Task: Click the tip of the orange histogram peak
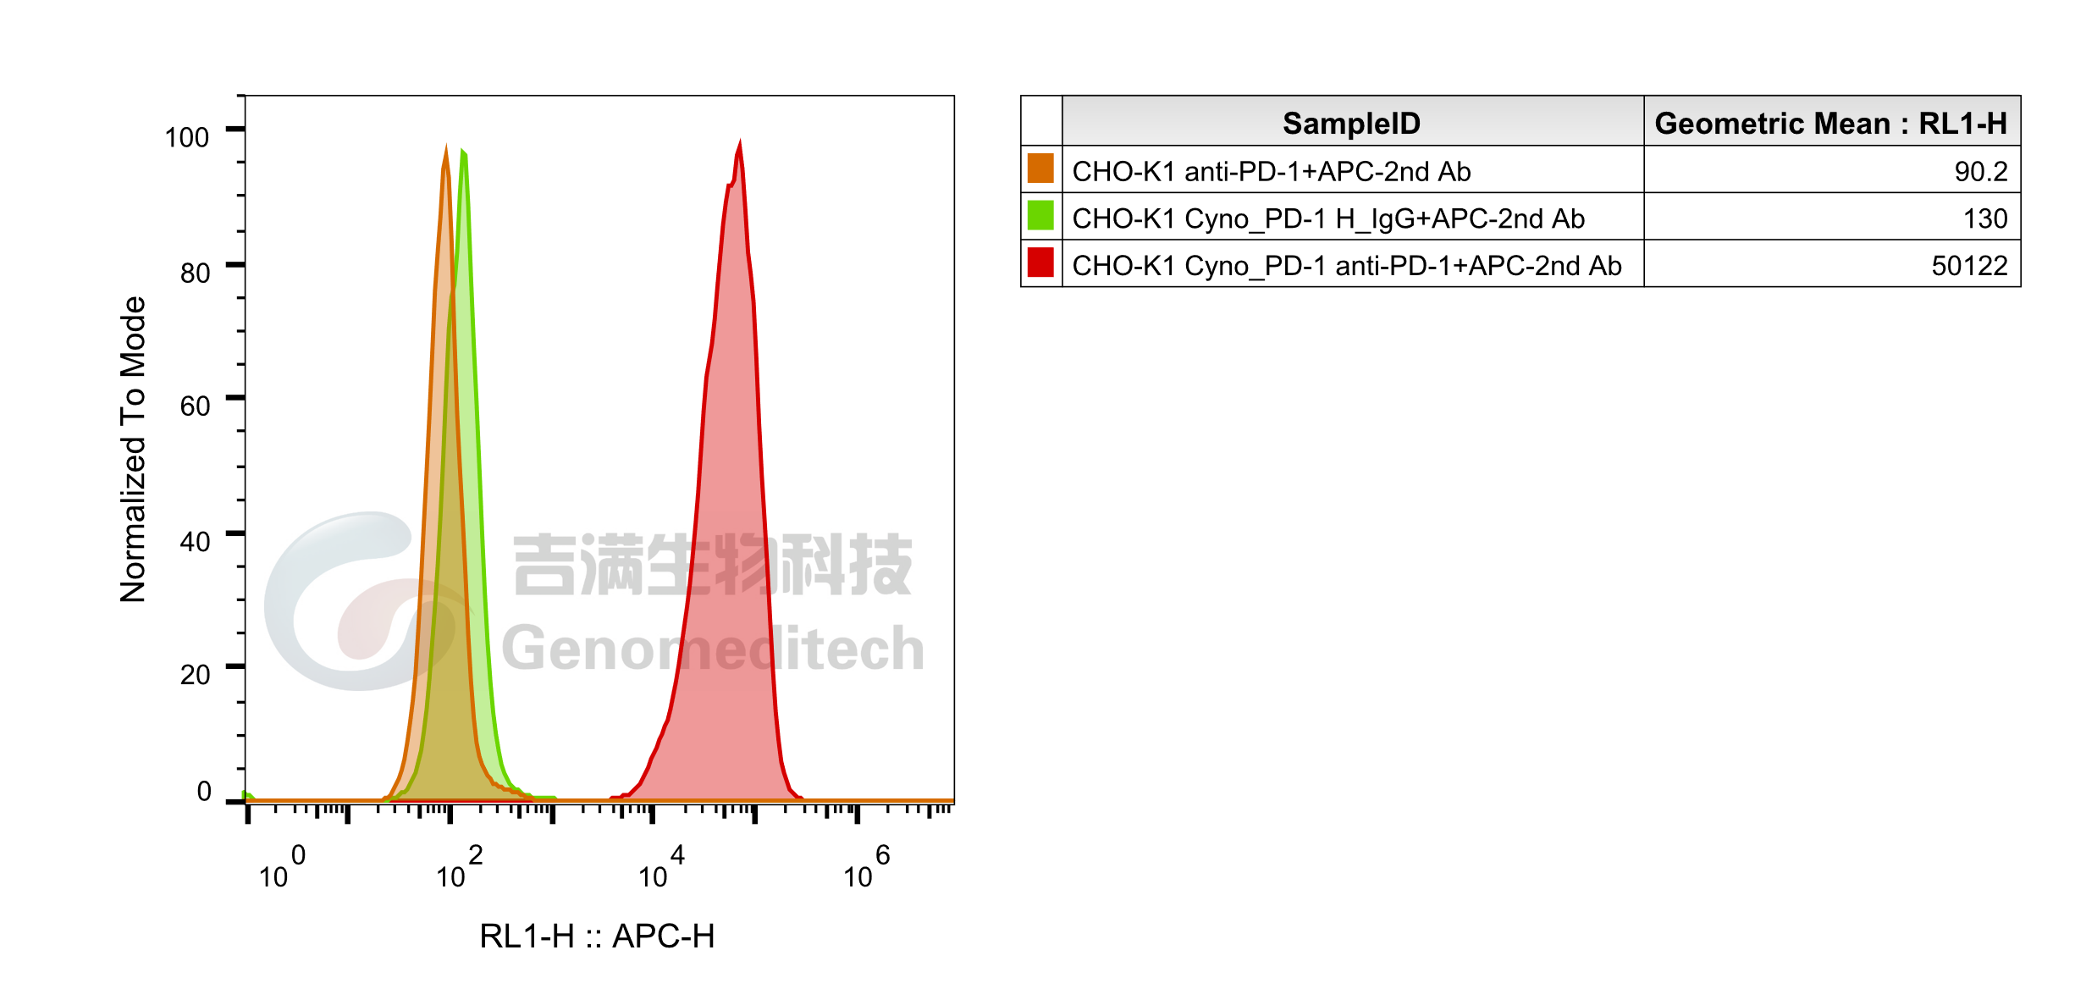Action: pyautogui.click(x=446, y=145)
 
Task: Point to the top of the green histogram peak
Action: pyautogui.click(x=462, y=152)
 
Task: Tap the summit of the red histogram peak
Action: pyautogui.click(x=740, y=140)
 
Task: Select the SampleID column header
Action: pyautogui.click(x=1351, y=124)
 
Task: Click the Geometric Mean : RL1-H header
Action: pyautogui.click(x=1830, y=124)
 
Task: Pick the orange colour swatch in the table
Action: pyautogui.click(x=1040, y=169)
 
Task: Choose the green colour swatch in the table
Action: pyautogui.click(x=1040, y=216)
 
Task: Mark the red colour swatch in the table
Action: pyautogui.click(x=1040, y=262)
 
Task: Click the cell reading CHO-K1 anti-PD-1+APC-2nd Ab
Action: pyautogui.click(x=1271, y=172)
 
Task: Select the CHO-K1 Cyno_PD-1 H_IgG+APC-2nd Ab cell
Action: pyautogui.click(x=1327, y=219)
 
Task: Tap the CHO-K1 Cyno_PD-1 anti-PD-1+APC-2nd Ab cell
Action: pyautogui.click(x=1346, y=266)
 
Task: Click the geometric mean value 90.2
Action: pyautogui.click(x=1980, y=172)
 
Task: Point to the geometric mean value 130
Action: pyautogui.click(x=1984, y=219)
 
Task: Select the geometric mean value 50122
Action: pyautogui.click(x=1968, y=266)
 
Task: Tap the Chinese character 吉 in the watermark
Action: pyautogui.click(x=544, y=564)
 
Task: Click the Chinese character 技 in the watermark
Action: pyautogui.click(x=880, y=564)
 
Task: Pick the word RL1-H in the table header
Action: pyautogui.click(x=1962, y=124)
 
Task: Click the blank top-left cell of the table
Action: pyautogui.click(x=1041, y=121)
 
